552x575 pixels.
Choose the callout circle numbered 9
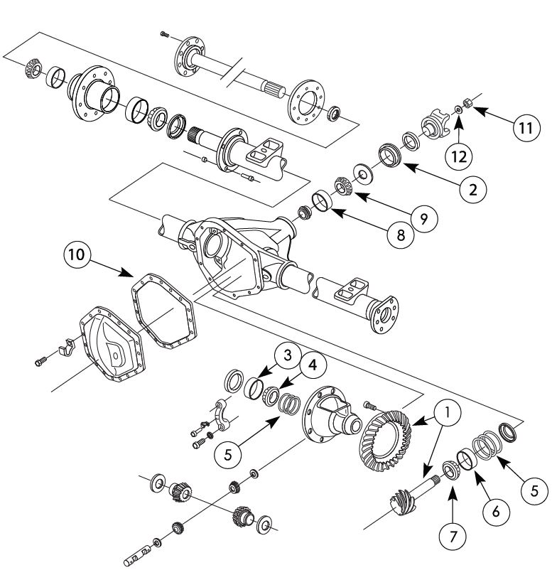pos(423,218)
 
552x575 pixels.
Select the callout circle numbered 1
pos(448,412)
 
